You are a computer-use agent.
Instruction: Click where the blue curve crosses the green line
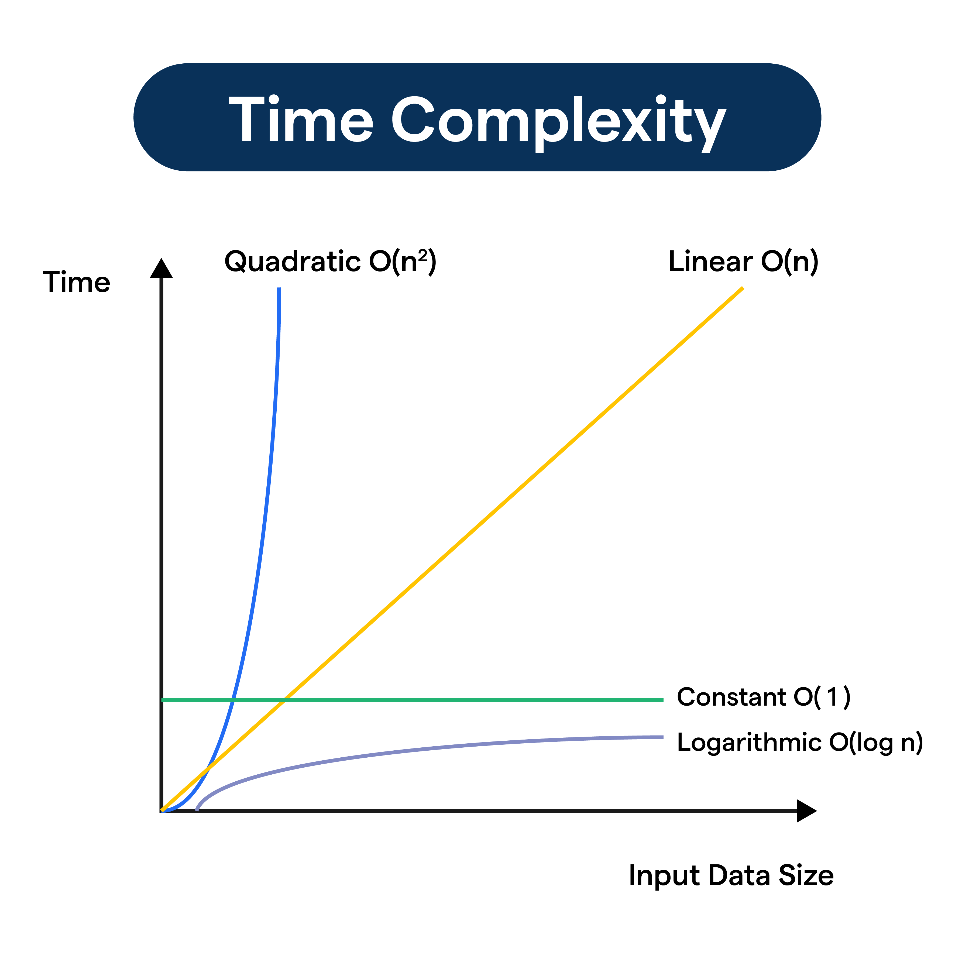pos(233,700)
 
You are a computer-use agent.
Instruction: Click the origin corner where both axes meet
pos(162,811)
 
